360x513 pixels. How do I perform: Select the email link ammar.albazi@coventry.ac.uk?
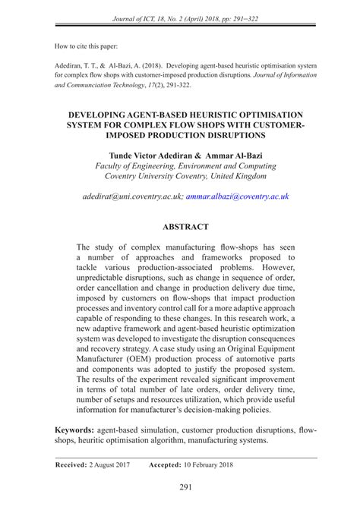(x=238, y=196)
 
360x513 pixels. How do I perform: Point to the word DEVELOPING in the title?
(x=96, y=110)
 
